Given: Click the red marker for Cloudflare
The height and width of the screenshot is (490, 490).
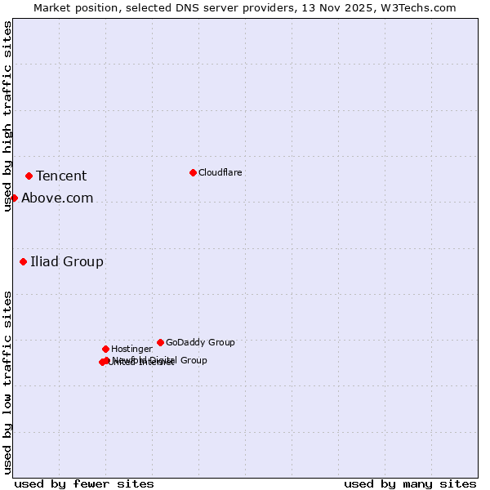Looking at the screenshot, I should pos(193,172).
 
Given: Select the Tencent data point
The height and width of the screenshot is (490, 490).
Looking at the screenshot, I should pos(29,176).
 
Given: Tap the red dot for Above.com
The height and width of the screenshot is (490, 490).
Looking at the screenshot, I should pos(14,198).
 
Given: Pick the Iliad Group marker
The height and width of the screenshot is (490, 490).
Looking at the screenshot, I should pos(23,261).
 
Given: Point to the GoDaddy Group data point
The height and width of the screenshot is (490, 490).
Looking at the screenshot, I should pos(160,342).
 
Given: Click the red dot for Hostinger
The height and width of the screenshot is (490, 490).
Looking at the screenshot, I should pos(105,349).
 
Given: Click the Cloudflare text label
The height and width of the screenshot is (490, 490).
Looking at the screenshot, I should pos(220,172).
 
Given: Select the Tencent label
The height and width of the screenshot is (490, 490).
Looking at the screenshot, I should pos(61,176).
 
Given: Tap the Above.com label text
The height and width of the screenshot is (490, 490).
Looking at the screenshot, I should pos(57,198).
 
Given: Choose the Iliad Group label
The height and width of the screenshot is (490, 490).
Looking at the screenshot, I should pos(67,261).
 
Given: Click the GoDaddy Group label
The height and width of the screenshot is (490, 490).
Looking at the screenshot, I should pos(200,342).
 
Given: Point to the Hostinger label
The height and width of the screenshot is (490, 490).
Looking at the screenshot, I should pos(131,349).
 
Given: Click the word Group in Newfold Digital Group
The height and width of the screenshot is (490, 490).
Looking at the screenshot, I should pos(194,360).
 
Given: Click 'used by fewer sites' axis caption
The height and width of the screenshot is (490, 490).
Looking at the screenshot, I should pos(84,483).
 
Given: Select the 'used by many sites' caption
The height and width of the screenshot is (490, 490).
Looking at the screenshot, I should pos(410,483).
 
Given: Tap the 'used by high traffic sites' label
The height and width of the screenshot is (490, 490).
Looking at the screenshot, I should pos(7,116).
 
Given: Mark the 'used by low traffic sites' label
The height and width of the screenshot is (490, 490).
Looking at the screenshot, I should pos(7,382).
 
